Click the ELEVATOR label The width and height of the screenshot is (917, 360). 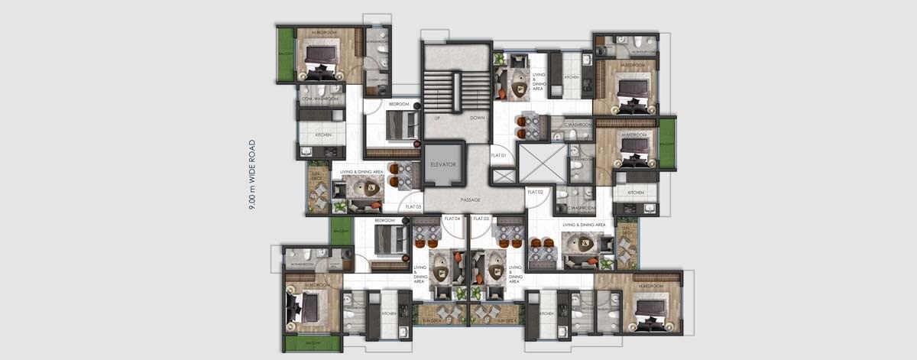[x=443, y=164]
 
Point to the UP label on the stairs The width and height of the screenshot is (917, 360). [x=438, y=118]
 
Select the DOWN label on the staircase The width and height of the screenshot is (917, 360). [x=478, y=118]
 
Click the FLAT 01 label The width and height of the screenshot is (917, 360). [x=499, y=156]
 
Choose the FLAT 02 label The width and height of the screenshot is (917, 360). [x=535, y=191]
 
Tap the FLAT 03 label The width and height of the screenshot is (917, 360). [x=481, y=219]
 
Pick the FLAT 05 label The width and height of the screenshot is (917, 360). [x=413, y=206]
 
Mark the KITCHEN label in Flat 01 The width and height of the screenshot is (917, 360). [x=571, y=77]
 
